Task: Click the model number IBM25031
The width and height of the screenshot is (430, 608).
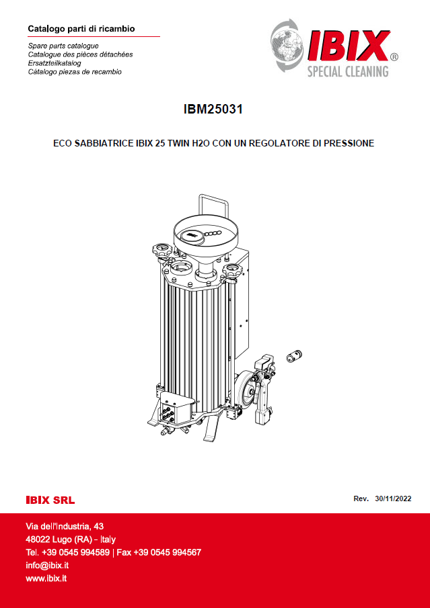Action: click(x=213, y=109)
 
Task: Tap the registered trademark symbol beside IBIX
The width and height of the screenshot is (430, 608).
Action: click(x=393, y=57)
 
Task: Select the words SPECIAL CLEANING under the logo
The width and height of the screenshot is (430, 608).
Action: click(x=348, y=72)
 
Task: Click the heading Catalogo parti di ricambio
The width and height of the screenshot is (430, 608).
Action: click(x=81, y=29)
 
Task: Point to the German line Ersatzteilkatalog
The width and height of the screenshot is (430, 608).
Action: click(x=55, y=63)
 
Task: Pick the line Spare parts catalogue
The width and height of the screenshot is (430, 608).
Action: click(x=63, y=46)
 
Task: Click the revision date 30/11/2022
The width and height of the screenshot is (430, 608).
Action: click(x=393, y=498)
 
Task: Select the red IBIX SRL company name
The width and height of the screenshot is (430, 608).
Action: click(x=50, y=501)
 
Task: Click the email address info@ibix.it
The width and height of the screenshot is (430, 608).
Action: click(x=47, y=566)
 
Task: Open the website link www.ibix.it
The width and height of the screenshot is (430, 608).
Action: click(x=46, y=578)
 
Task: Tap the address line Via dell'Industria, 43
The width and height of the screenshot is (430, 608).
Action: click(x=65, y=526)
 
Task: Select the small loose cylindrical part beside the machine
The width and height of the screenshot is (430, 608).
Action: click(x=294, y=355)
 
